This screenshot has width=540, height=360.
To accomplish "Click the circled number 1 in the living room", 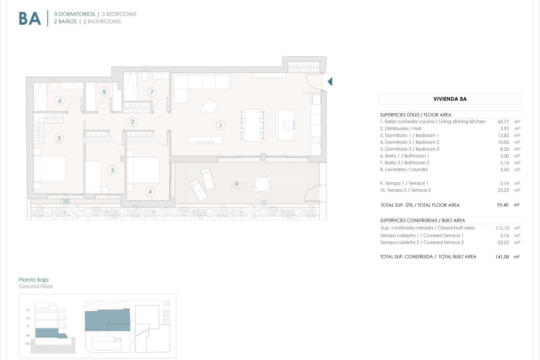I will tap(220, 125).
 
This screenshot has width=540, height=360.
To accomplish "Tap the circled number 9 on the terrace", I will tap(237, 184).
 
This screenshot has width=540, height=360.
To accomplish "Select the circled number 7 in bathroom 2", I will tap(152, 92).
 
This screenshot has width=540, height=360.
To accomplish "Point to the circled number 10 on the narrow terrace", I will tap(66, 201).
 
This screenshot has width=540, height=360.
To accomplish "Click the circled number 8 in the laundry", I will tap(104, 91).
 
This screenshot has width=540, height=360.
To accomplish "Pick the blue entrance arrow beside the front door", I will tap(330, 82).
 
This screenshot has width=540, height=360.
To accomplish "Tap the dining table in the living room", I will tap(252, 125).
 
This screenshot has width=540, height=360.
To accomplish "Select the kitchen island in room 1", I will tap(286, 125).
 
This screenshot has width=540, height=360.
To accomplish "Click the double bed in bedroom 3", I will tap(50, 169).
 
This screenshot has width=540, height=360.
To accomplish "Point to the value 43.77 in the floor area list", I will tap(503, 122).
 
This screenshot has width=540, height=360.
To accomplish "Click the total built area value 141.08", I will tap(502, 257).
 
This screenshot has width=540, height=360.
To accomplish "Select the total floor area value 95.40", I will tap(503, 205).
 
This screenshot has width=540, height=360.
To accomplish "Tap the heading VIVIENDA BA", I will tap(450, 99).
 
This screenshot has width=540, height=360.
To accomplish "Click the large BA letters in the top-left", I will tap(30, 19).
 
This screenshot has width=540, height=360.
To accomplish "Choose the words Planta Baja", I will tap(34, 280).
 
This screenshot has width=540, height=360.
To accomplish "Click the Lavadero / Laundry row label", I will tap(404, 169).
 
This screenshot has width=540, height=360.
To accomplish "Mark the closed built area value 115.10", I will tap(502, 228).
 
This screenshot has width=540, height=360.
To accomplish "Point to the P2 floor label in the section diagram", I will tap(28, 318).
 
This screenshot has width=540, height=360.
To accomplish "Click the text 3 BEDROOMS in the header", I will tap(119, 14).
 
